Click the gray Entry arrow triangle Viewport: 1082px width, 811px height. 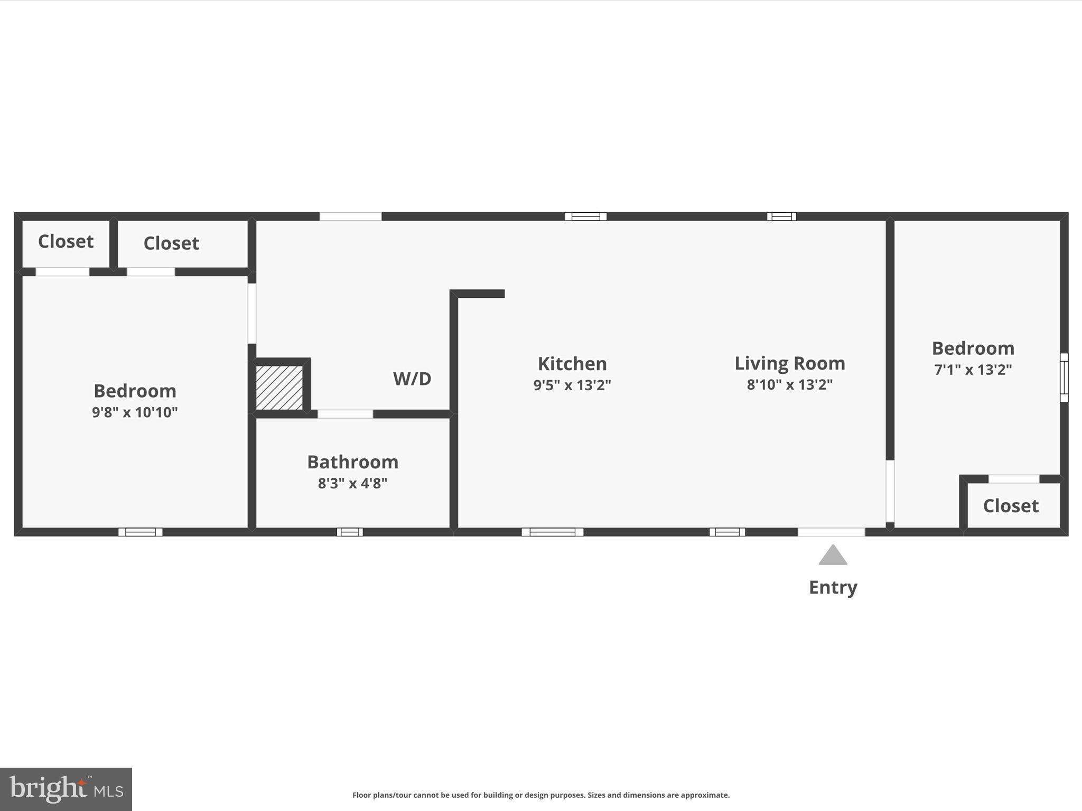pos(833,556)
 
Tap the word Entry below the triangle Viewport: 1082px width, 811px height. pos(833,587)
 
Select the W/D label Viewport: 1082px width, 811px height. pos(412,379)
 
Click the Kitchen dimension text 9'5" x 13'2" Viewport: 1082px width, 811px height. pos(572,385)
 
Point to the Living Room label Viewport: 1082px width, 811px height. pos(789,363)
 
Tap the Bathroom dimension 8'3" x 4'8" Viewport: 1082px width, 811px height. pos(352,483)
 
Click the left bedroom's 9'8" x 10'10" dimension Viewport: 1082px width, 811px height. pos(135,412)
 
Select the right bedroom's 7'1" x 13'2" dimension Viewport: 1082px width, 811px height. pos(973,369)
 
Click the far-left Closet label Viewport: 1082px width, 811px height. pos(66,241)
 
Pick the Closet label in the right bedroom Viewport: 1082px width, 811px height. pos(1010,506)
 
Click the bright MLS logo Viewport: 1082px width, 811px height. pos(66,789)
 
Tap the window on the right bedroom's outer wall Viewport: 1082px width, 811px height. pos(1064,378)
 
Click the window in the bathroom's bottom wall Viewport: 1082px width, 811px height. pos(350,532)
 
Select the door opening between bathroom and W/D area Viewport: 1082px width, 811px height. pos(345,414)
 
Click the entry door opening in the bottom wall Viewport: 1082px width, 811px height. pos(831,532)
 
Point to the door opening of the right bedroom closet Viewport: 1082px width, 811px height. pos(1013,479)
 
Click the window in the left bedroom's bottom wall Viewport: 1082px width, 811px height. pos(141,532)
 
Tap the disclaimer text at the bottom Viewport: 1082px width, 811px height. pos(541,795)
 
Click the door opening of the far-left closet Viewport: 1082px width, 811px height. pos(62,272)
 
